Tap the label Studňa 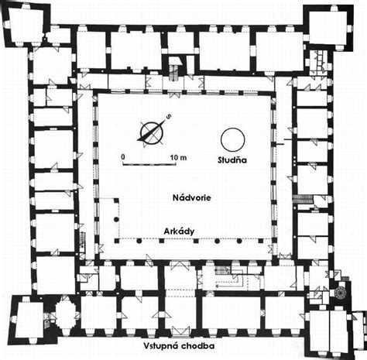point(232,160)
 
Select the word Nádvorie point(192,197)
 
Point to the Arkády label point(179,231)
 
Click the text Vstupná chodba point(179,346)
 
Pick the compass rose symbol point(152,133)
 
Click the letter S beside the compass point(169,117)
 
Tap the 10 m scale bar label point(179,157)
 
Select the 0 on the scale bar point(123,156)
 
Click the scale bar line point(149,163)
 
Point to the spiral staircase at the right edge point(341,292)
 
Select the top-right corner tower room point(328,27)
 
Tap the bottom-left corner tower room point(29,320)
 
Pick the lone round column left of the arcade point(116,219)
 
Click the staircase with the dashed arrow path point(221,270)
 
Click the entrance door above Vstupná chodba point(180,332)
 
